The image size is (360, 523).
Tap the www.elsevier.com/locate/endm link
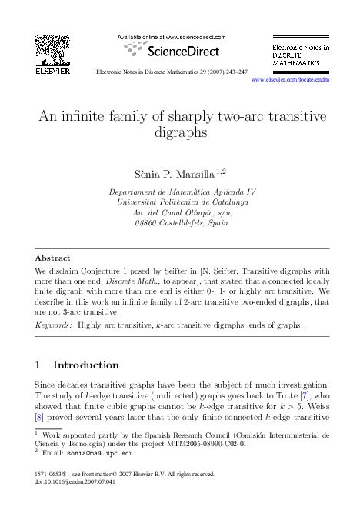(x=290, y=79)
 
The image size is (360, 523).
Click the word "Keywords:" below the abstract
(x=55, y=325)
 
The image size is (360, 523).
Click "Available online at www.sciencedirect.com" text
(x=171, y=36)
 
